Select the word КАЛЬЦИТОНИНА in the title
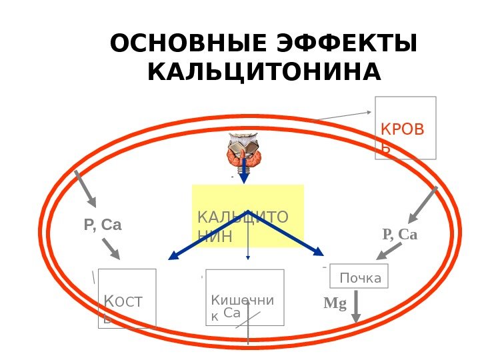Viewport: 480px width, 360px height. [x=265, y=71]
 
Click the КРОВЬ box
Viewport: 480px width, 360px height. [x=405, y=127]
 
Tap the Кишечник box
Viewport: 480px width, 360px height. [x=245, y=297]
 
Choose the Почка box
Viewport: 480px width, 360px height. [x=359, y=276]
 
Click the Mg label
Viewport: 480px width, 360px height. [x=335, y=304]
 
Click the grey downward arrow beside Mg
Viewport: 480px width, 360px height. [x=356, y=308]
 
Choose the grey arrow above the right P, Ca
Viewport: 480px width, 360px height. [x=423, y=204]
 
